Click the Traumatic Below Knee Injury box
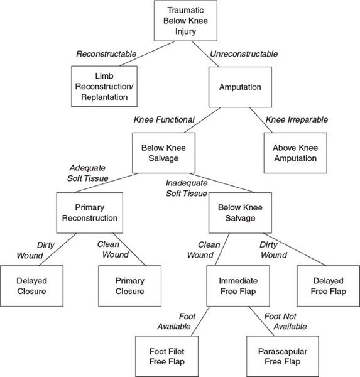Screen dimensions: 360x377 (185, 21)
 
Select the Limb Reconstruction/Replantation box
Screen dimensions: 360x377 (104, 86)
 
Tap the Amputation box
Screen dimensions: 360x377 (240, 87)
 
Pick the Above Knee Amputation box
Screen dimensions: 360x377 (295, 153)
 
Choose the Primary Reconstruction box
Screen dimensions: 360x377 (90, 213)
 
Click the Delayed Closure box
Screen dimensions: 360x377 (31, 286)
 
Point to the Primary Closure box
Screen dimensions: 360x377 (129, 286)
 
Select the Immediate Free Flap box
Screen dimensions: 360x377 (238, 286)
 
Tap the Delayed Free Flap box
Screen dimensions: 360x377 (328, 286)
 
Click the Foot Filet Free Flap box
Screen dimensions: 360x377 (167, 356)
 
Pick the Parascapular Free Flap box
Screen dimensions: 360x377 (283, 356)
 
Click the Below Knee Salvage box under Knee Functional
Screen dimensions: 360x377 (163, 153)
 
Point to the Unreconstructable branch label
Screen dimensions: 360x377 (244, 54)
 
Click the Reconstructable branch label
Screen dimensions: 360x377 (106, 54)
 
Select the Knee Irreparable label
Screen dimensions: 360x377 (297, 119)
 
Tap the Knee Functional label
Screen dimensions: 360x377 (164, 119)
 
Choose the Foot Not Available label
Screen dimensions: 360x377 (285, 321)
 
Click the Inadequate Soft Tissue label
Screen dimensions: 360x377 (187, 188)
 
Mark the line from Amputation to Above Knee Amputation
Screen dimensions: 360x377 (261, 120)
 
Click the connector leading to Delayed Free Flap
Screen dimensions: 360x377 (295, 249)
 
